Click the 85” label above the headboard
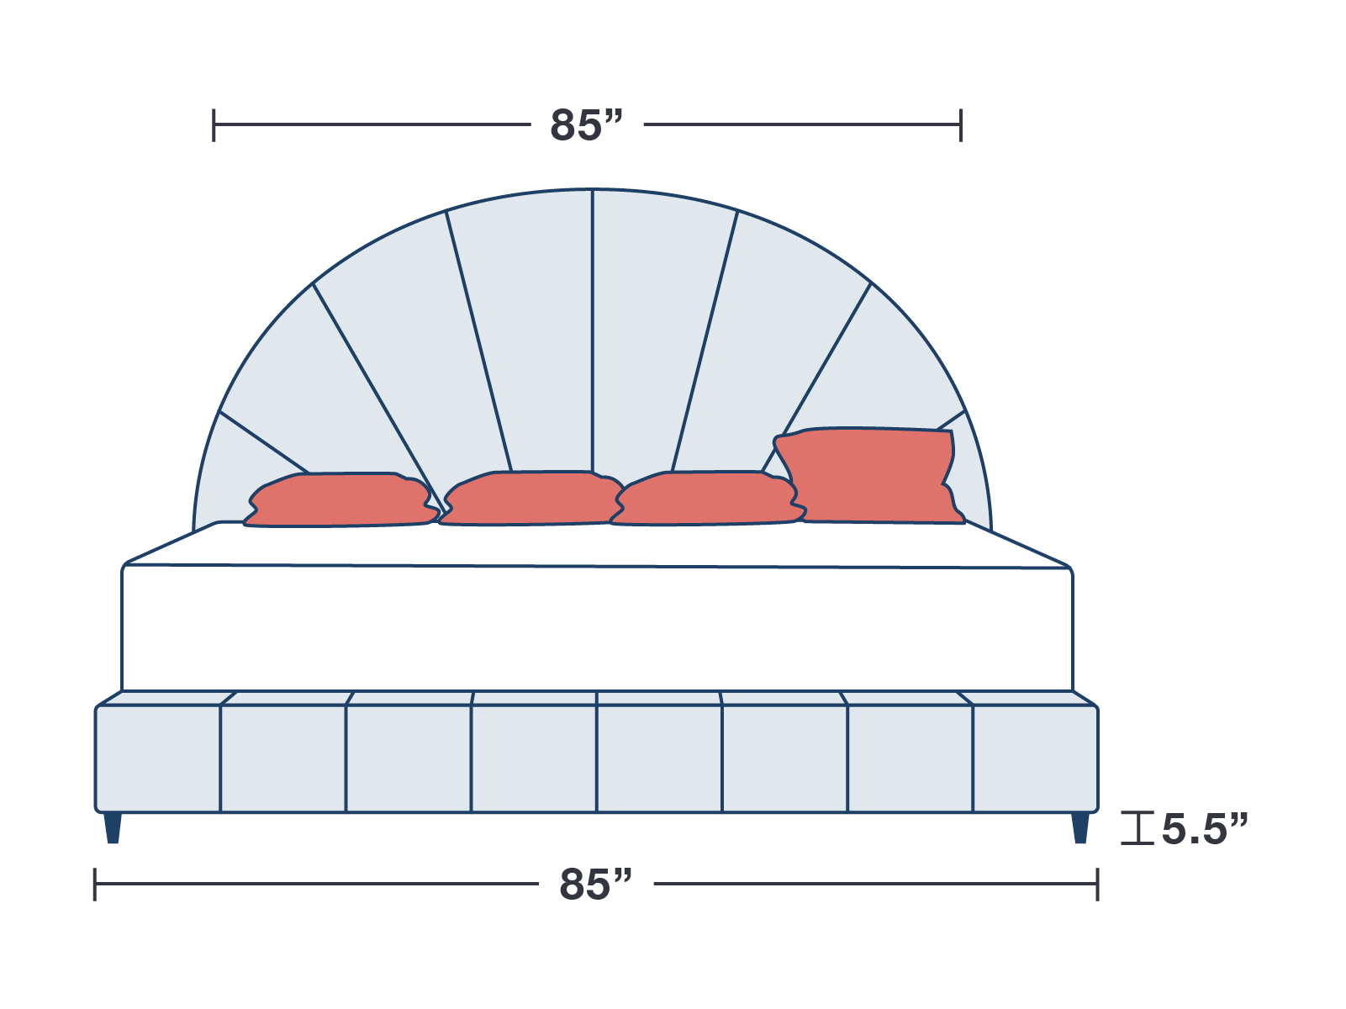[x=586, y=125]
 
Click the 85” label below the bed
[x=595, y=885]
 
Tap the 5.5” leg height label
[x=1204, y=829]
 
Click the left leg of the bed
[x=113, y=827]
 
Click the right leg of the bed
[x=1080, y=827]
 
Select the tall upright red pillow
[x=869, y=475]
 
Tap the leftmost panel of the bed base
[x=158, y=758]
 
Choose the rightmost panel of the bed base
[x=1035, y=758]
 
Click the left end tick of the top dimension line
[x=214, y=125]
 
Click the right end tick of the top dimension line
[x=960, y=125]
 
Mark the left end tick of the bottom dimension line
[x=95, y=885]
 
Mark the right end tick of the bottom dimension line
[x=1096, y=885]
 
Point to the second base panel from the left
[x=282, y=758]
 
